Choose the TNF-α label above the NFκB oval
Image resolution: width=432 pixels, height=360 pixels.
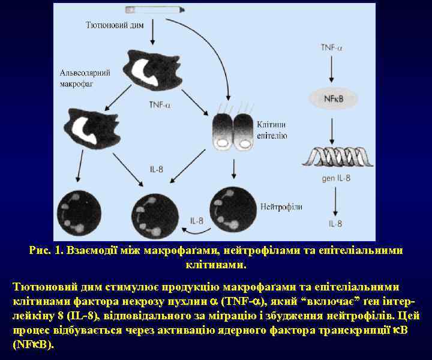click(x=332, y=47)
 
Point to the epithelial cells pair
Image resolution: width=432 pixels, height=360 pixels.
click(x=232, y=131)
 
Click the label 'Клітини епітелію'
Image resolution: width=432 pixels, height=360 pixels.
click(x=271, y=131)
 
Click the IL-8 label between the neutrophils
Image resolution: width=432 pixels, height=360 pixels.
click(x=197, y=220)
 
